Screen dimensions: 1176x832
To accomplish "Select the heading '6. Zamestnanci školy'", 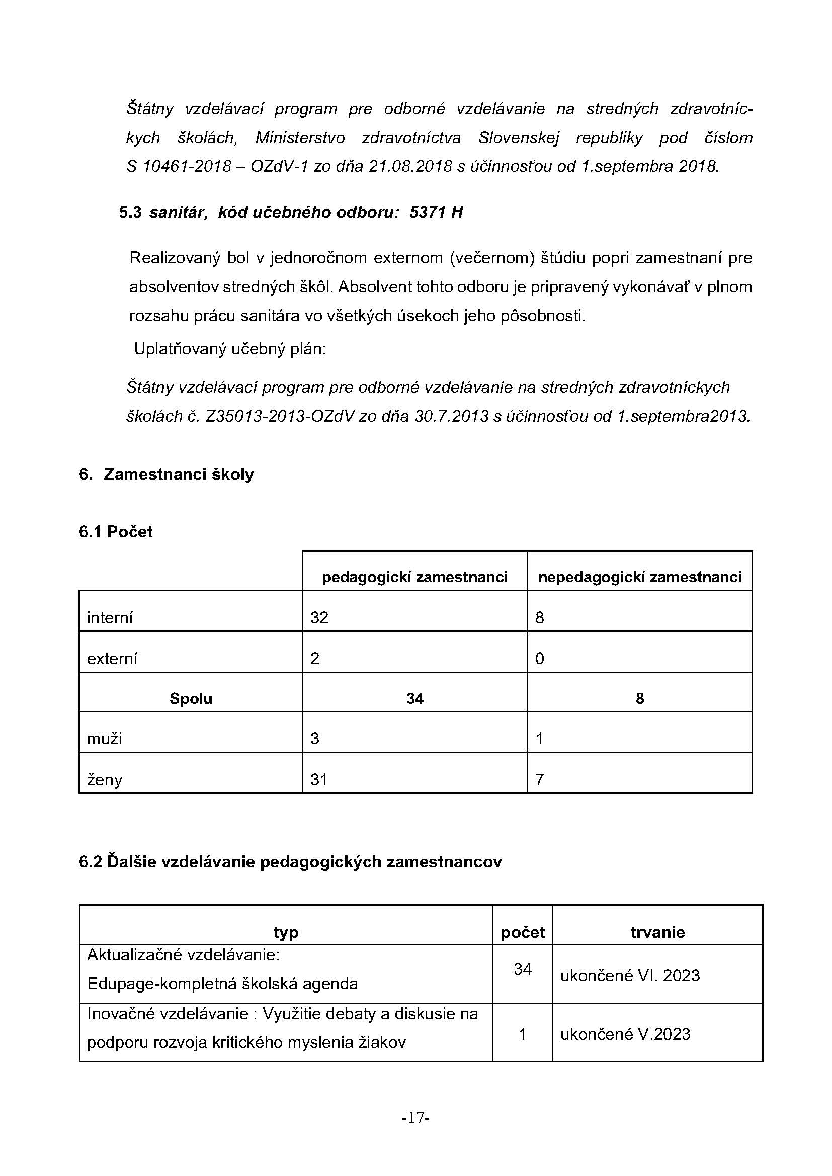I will (x=166, y=474).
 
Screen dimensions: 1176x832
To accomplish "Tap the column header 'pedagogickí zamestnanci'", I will (x=414, y=577).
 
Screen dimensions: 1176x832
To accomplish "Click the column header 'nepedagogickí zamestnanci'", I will (x=639, y=577).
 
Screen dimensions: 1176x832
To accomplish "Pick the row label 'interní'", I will (x=110, y=618).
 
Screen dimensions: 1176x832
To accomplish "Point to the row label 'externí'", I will (x=112, y=658).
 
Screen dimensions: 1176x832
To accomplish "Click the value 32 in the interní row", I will (x=319, y=618).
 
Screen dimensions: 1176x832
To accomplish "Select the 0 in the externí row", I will (x=539, y=658).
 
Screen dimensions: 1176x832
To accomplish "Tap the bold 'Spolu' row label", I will (x=191, y=699).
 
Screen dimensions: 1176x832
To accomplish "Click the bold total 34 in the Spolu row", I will (x=414, y=699).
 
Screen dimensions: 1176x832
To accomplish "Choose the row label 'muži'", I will (x=105, y=739).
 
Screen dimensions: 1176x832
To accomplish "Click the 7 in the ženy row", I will (x=539, y=780).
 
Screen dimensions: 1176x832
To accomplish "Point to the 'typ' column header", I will (x=286, y=932).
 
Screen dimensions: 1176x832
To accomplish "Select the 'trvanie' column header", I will (x=657, y=932).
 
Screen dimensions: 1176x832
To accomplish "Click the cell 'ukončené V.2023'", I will (x=625, y=1034).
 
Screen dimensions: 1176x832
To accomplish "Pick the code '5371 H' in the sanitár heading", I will (x=436, y=212).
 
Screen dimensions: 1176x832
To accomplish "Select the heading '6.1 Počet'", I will (x=116, y=531).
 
